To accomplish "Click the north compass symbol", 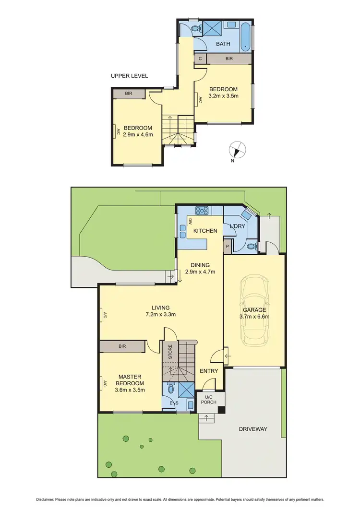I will click(235, 150).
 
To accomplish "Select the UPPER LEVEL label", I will click(129, 76).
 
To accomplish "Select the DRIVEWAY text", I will click(252, 429).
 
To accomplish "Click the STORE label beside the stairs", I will click(170, 352).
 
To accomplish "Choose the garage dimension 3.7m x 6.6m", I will click(254, 316).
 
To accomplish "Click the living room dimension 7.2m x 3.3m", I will click(161, 315).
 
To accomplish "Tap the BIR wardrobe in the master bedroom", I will click(122, 346).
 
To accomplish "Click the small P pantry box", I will click(227, 247).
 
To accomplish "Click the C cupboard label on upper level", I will click(200, 59).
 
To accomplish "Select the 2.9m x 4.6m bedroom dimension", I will click(138, 135).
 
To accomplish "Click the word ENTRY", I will click(209, 371).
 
